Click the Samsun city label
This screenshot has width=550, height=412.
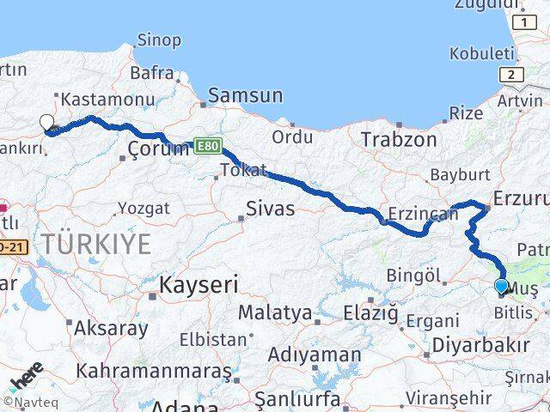[x=246, y=94]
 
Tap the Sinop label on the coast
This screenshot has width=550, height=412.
[x=159, y=39]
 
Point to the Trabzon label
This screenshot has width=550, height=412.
[x=394, y=138]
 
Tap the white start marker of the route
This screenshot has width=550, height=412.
[x=46, y=123]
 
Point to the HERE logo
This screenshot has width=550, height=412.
[x=27, y=378]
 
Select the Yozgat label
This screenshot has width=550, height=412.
[x=144, y=208]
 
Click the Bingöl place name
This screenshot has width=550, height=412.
[x=414, y=276]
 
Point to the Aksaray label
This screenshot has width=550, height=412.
[x=112, y=327]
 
